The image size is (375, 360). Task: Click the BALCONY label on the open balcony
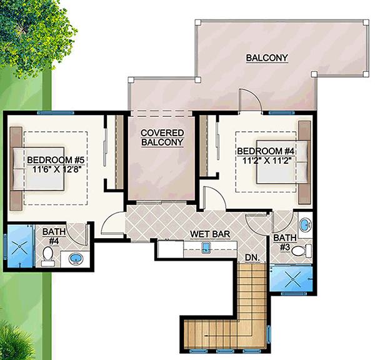(267, 58)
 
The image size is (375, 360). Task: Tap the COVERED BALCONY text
(162, 137)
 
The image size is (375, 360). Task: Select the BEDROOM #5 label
(56, 160)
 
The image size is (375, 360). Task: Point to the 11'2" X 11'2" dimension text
(267, 161)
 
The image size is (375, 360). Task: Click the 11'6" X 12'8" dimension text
(57, 169)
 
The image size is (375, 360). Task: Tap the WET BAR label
(210, 234)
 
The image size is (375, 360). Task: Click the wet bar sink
(206, 248)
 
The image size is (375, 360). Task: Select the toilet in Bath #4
(47, 257)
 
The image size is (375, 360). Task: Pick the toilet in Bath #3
(301, 251)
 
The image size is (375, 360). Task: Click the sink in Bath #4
(76, 259)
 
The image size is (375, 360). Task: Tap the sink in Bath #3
(306, 225)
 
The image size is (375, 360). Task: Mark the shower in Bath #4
(19, 247)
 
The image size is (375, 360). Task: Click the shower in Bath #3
(291, 278)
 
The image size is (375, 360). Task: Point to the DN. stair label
(252, 257)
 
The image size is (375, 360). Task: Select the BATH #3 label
(285, 242)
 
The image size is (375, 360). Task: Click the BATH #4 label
(54, 236)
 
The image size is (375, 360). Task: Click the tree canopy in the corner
(36, 36)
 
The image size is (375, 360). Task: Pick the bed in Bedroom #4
(283, 162)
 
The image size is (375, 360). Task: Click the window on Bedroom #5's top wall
(56, 112)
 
